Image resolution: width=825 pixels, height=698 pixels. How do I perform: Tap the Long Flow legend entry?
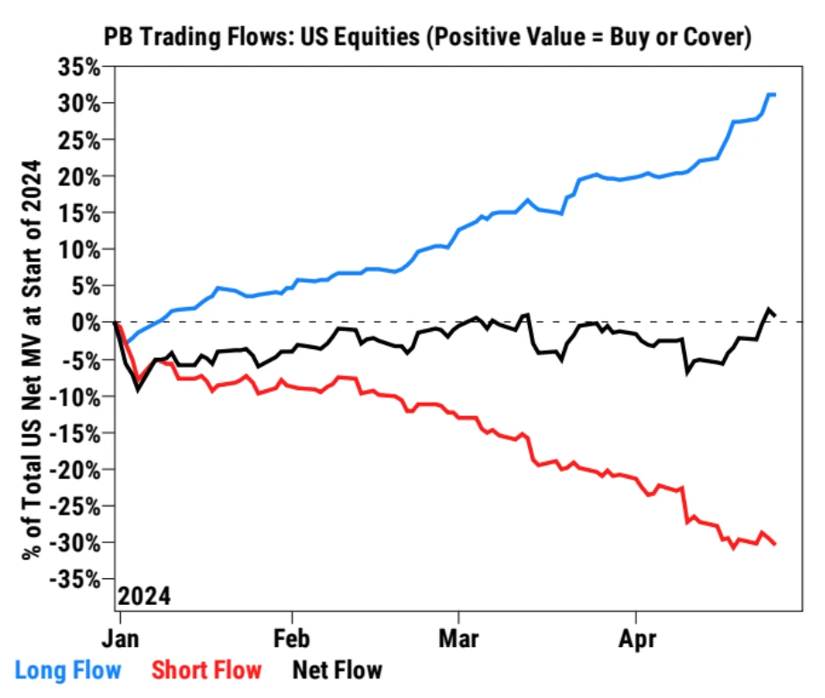69,669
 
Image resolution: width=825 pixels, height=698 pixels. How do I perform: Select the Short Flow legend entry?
207,669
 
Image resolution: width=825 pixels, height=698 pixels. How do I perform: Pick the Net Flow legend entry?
337,669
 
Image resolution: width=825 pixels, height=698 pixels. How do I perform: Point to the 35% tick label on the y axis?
82,67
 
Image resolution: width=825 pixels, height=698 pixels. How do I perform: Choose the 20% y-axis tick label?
82,176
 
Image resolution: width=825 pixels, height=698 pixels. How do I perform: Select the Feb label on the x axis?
291,641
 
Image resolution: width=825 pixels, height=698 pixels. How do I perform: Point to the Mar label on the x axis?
458,641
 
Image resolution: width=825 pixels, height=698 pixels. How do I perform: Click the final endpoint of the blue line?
774,94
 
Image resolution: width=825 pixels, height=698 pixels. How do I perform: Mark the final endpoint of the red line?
775,544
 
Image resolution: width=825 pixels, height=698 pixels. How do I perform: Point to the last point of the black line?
775,315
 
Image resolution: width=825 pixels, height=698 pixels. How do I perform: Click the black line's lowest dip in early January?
138,387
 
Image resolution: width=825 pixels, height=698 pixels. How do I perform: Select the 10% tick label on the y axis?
82,250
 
